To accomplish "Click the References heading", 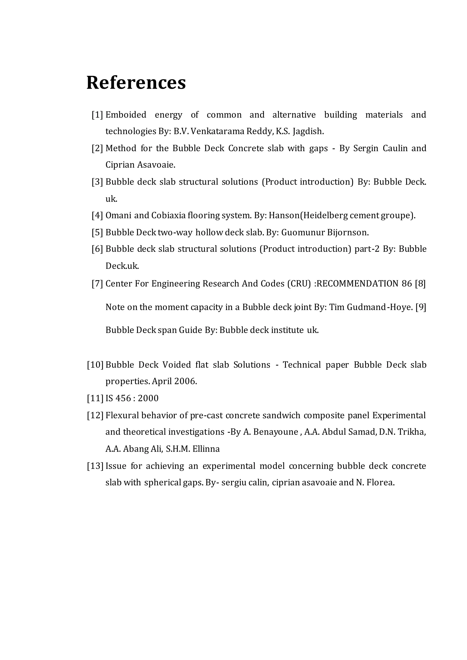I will coord(136,82).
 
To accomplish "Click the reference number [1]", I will coord(97,115).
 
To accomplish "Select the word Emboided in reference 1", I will coord(126,115).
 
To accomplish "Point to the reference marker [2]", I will coord(97,148).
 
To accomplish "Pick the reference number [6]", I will coord(97,249).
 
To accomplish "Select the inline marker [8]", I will coord(420,284).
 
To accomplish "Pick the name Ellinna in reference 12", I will coord(206,449).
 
